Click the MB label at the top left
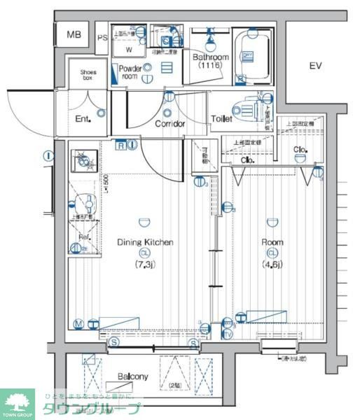(74, 34)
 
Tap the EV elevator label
(315, 66)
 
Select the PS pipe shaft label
(102, 38)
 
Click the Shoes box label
(88, 75)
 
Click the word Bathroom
(211, 57)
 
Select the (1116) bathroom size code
(210, 65)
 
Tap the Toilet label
(221, 120)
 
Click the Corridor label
(169, 124)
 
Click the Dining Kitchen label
(144, 242)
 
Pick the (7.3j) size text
(144, 264)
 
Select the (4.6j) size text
(272, 264)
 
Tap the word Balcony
(132, 377)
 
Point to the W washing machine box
(129, 50)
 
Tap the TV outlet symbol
(228, 334)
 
